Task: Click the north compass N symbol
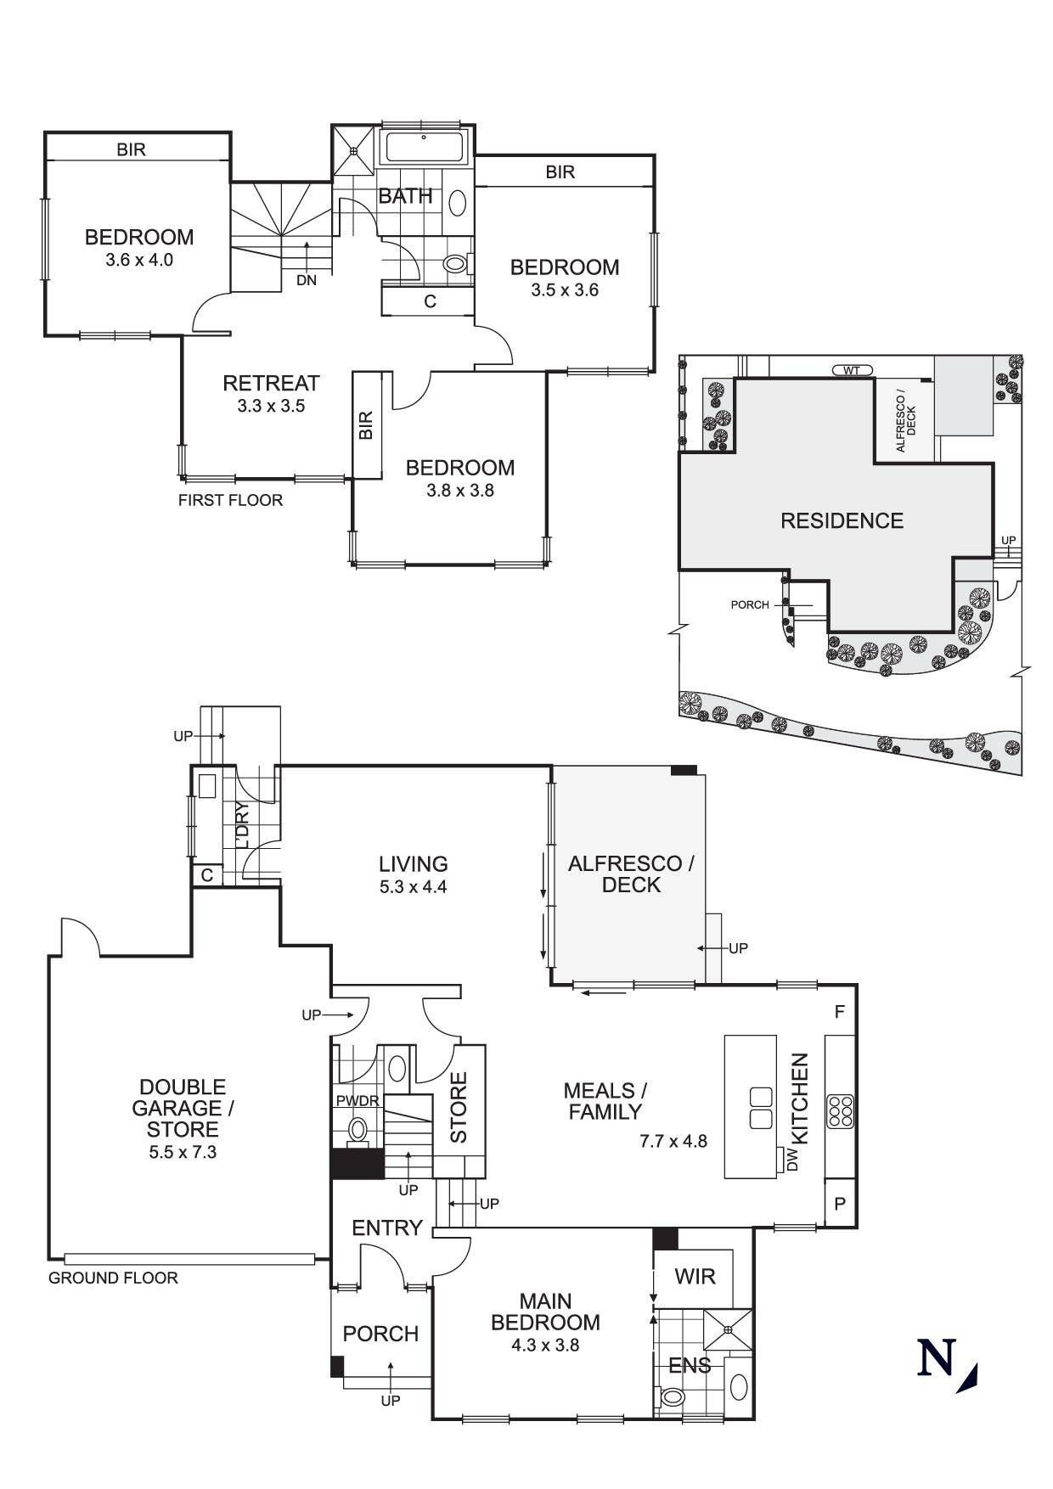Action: coord(937,1357)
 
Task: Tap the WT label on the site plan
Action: coord(852,370)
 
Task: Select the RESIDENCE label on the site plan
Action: coord(842,520)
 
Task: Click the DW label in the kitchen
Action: coord(792,1160)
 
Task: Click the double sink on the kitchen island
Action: coord(760,1108)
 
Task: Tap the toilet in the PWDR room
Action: coord(358,1130)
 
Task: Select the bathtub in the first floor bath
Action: coord(424,148)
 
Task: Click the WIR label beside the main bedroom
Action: coord(695,1277)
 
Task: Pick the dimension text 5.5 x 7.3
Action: coord(183,1152)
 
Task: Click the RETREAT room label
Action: coord(271,383)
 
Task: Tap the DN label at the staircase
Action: coord(307,280)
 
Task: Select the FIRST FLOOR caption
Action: coord(230,500)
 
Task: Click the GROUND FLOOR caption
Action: coord(113,1278)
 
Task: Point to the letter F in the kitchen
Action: coord(840,1012)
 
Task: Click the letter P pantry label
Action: coord(840,1204)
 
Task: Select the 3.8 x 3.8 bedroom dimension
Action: coord(459,490)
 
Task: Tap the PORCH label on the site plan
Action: coord(749,604)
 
